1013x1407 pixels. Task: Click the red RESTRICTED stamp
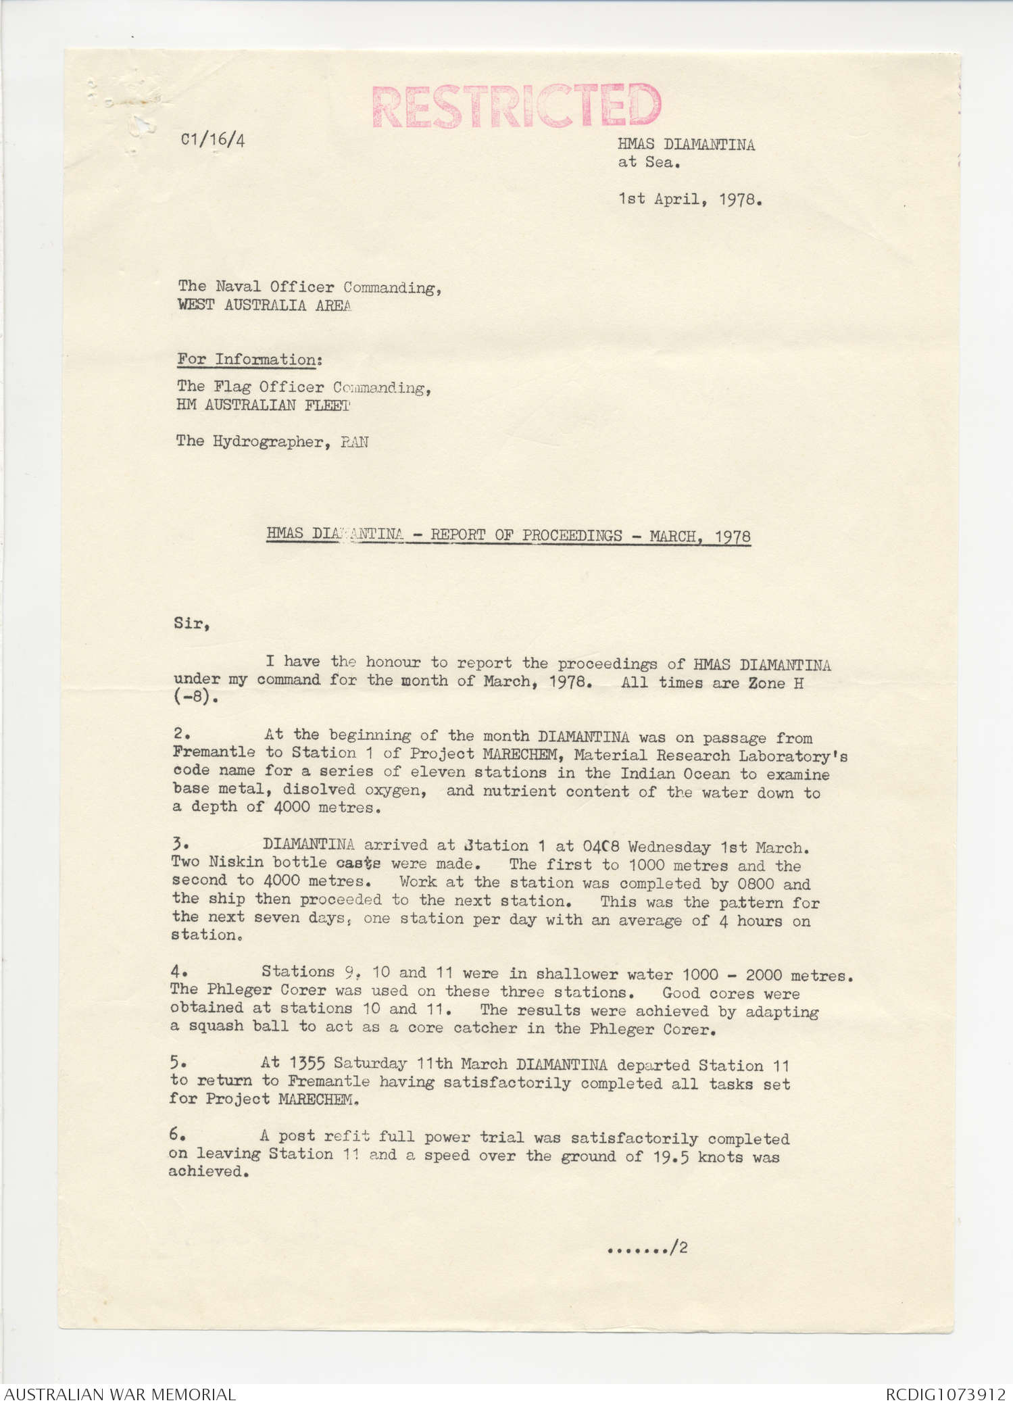tap(516, 106)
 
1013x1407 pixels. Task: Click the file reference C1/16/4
tap(213, 139)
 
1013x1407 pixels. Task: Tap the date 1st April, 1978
tap(690, 199)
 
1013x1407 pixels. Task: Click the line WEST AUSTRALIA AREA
tap(264, 305)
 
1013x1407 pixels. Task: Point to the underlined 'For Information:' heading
tap(249, 360)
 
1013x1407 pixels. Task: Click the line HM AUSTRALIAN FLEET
tap(263, 405)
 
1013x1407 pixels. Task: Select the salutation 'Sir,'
tap(191, 623)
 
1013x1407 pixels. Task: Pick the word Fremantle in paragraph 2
tap(214, 752)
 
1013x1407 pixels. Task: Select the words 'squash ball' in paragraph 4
tap(234, 1026)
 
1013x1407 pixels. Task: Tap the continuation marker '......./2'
tap(647, 1248)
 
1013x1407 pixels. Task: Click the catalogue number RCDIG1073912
tap(945, 1394)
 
